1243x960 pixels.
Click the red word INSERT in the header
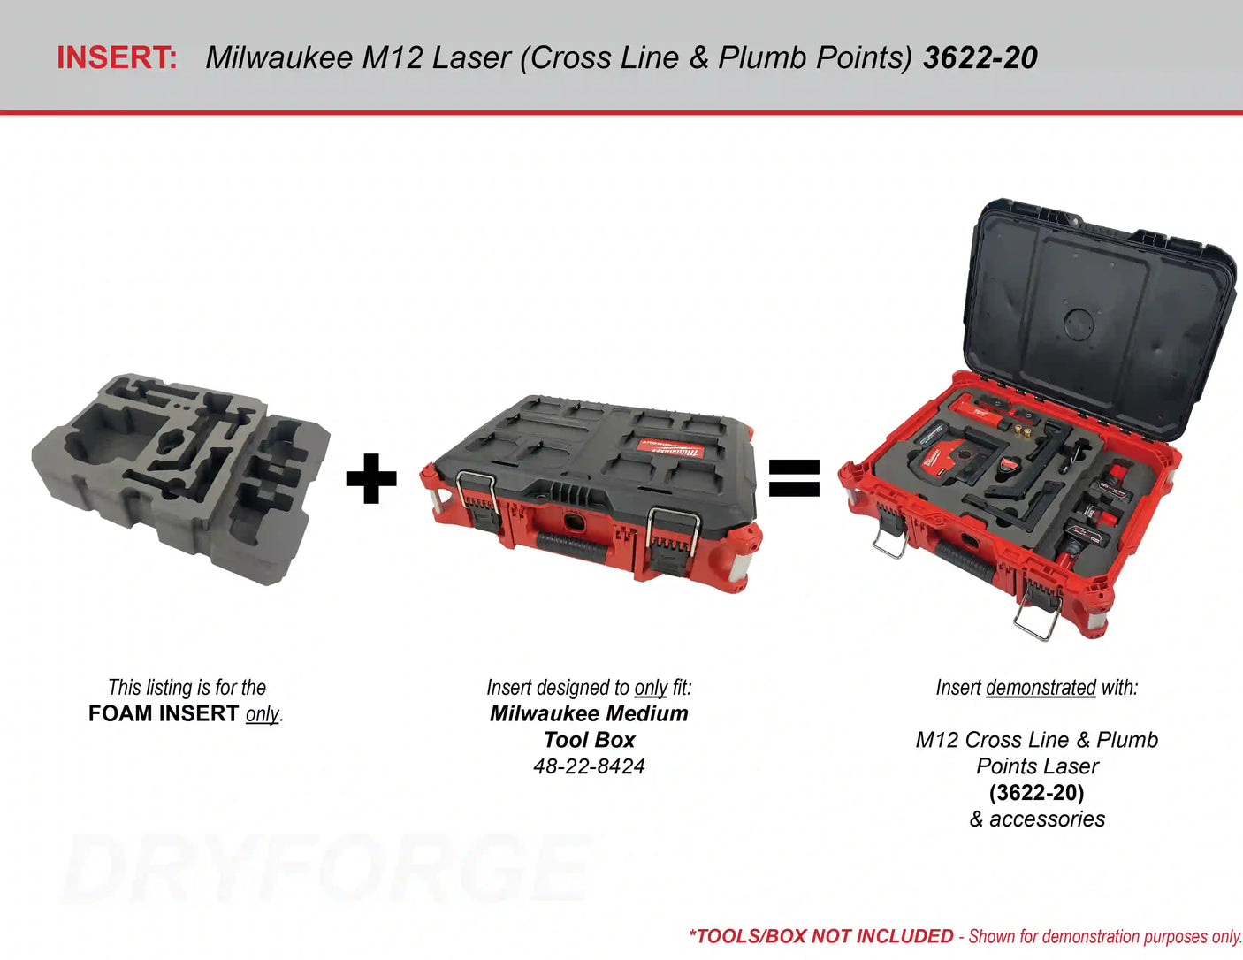(x=117, y=57)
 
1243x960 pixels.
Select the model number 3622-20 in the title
(x=980, y=57)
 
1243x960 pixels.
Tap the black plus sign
(x=371, y=478)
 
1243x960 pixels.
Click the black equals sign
(x=794, y=478)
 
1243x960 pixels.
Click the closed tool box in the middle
(x=591, y=491)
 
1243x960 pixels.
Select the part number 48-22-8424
(x=589, y=766)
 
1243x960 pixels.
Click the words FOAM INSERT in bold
(x=164, y=713)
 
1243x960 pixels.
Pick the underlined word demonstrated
(x=1041, y=688)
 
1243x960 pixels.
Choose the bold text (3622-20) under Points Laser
(x=1036, y=793)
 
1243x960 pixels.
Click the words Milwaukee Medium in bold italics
(x=589, y=713)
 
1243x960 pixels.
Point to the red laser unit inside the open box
(x=937, y=460)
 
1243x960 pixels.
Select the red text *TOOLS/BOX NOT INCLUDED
(x=820, y=936)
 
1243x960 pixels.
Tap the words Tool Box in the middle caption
(x=589, y=740)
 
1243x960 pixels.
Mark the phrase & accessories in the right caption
(x=1037, y=819)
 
